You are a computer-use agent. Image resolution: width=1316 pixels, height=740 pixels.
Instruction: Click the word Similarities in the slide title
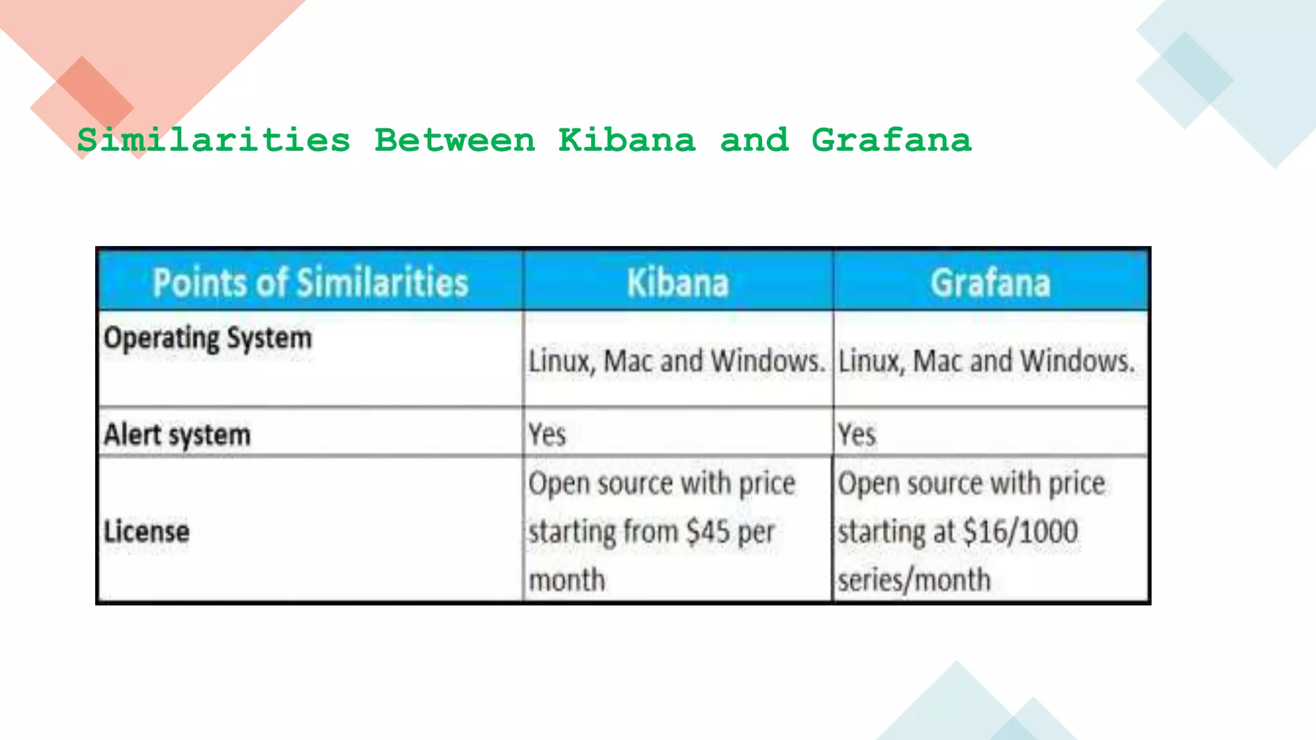point(214,140)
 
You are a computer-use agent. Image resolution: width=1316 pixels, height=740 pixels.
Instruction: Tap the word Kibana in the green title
point(627,140)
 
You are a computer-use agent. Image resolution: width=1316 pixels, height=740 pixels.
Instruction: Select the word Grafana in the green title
point(891,140)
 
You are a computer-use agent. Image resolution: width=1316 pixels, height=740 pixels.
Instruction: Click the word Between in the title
point(454,140)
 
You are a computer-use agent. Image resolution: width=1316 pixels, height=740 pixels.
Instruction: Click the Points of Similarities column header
point(310,283)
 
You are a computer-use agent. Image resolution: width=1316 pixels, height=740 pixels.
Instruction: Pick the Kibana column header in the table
point(678,283)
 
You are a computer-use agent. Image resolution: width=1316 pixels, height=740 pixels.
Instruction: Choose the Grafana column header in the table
point(990,283)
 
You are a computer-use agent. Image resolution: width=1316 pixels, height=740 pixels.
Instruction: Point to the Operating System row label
point(208,338)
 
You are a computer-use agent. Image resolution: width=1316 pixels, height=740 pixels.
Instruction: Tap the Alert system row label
point(177,435)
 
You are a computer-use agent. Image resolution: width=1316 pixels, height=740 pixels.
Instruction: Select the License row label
point(147,532)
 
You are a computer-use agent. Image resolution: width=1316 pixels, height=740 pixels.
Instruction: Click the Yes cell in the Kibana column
point(547,435)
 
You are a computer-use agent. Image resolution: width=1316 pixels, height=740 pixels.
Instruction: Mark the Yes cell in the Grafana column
point(857,435)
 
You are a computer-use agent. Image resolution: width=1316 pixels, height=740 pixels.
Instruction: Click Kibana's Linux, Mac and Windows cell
point(676,361)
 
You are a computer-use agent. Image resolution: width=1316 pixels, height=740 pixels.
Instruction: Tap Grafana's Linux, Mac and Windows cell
point(986,361)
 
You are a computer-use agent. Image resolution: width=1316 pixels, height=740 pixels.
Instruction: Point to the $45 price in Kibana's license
point(707,532)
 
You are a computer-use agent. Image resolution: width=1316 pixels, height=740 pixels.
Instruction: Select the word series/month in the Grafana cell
point(914,580)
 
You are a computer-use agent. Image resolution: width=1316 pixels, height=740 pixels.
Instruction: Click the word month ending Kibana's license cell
point(567,580)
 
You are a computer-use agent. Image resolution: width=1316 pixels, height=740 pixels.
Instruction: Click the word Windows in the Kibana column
point(769,361)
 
